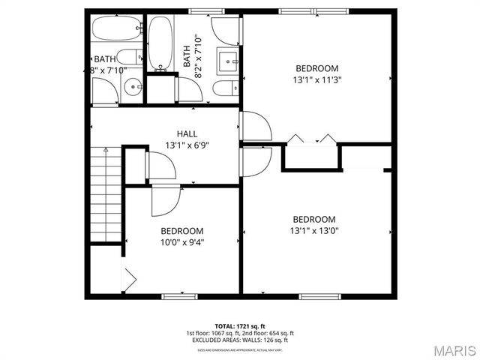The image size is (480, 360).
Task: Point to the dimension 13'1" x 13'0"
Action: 314,231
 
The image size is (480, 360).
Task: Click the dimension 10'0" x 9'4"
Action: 181,242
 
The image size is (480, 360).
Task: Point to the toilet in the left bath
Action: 130,56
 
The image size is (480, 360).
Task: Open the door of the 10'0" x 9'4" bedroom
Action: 165,199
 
